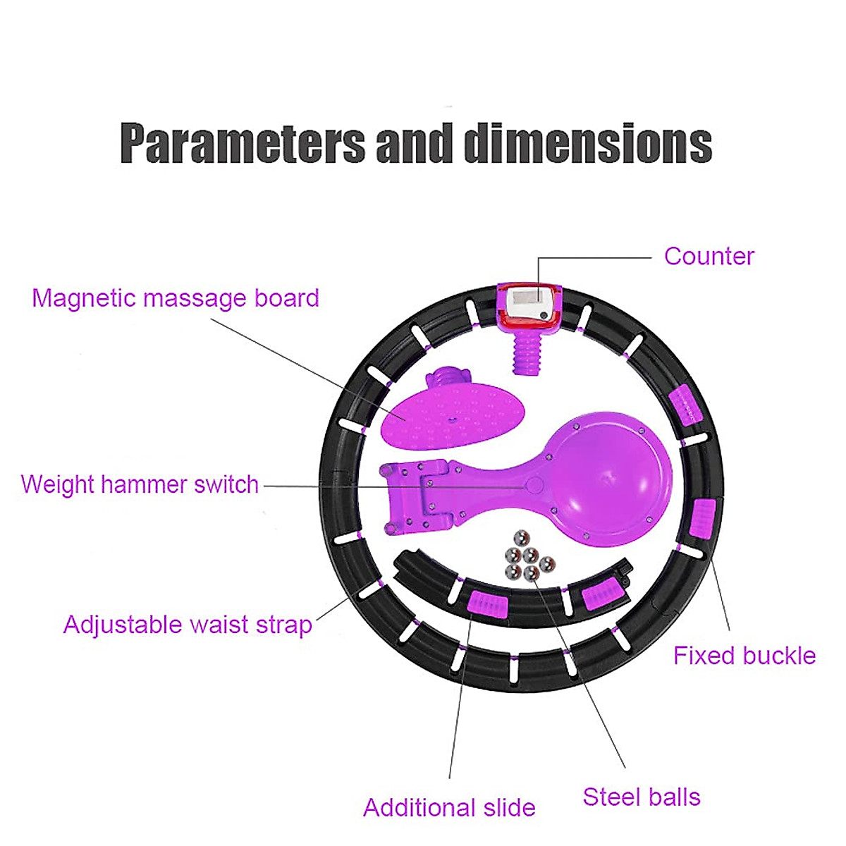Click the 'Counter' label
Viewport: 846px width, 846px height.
[x=709, y=256]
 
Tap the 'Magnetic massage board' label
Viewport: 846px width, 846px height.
[x=176, y=298]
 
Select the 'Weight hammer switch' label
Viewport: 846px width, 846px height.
[x=140, y=484]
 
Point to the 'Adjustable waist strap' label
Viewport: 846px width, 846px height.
[x=188, y=625]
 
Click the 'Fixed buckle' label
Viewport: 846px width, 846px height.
[x=744, y=656]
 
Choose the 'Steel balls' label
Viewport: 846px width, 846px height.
[x=642, y=797]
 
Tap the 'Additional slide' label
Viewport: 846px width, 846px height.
[x=449, y=808]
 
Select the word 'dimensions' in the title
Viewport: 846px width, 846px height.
[x=588, y=143]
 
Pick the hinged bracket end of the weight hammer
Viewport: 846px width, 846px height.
[x=416, y=497]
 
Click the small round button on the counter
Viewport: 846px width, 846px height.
[x=544, y=315]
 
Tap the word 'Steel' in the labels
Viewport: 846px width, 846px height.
[x=611, y=797]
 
